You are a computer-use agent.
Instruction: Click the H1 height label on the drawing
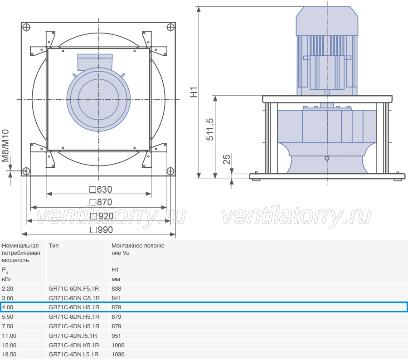pos(194,92)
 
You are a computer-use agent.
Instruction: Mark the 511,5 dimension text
pos(210,129)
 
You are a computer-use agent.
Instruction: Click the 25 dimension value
pos(227,159)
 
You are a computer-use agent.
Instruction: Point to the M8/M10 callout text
pos(5,146)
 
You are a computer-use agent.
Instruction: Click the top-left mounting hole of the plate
pos(26,27)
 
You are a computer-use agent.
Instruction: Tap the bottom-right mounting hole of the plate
pos(170,171)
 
